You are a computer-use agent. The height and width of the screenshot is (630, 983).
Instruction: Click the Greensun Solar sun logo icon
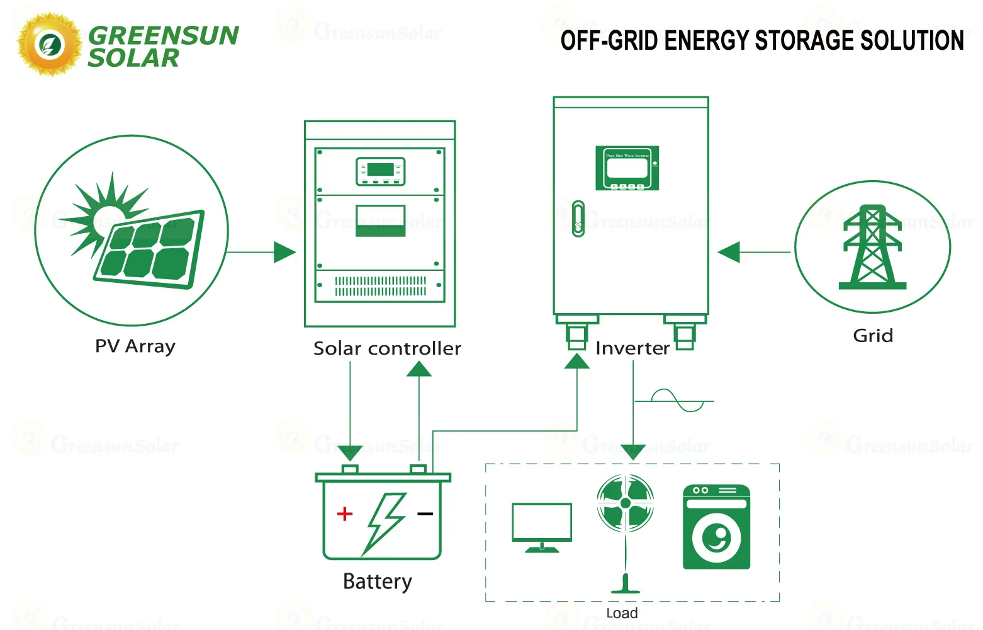click(49, 45)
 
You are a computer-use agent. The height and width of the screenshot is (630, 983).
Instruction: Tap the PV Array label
click(135, 346)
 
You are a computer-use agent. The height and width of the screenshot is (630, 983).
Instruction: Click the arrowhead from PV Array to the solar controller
click(284, 253)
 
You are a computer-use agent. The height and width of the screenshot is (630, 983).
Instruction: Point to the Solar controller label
click(387, 348)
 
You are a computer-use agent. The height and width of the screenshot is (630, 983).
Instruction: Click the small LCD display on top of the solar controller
click(380, 171)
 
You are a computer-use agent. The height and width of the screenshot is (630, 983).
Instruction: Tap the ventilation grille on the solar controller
click(380, 286)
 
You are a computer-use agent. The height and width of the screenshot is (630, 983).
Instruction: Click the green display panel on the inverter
click(627, 168)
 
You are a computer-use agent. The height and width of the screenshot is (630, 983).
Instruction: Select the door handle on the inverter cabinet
click(578, 219)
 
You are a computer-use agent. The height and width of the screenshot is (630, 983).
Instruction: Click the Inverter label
click(632, 348)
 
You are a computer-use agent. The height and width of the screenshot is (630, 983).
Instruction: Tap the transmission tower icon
click(872, 247)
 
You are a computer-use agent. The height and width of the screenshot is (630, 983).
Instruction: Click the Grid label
click(872, 336)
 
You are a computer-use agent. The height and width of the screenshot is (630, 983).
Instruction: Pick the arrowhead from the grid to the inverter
click(729, 253)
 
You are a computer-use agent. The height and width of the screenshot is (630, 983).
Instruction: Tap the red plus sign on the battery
click(344, 514)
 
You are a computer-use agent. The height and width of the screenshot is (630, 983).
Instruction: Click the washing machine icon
click(716, 527)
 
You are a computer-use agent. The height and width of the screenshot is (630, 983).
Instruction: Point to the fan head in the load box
click(625, 503)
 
